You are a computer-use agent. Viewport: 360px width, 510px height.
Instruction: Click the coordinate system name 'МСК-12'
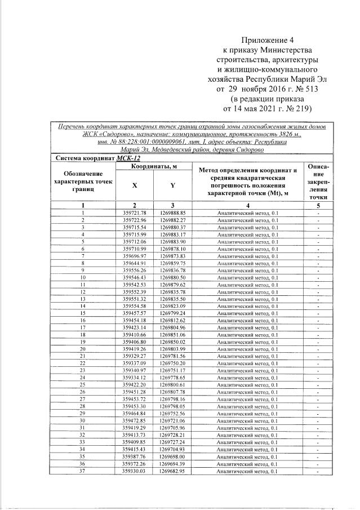(128, 159)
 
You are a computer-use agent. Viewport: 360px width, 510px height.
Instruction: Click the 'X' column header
(134, 185)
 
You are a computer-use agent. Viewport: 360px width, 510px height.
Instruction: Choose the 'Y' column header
(172, 185)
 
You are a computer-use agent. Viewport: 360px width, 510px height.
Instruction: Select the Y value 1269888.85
(172, 212)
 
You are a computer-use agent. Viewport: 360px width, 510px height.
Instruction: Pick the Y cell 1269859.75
(172, 263)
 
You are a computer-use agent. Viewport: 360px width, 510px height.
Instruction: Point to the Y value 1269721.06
(172, 420)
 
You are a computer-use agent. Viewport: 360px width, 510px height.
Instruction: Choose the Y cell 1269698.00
(172, 456)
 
